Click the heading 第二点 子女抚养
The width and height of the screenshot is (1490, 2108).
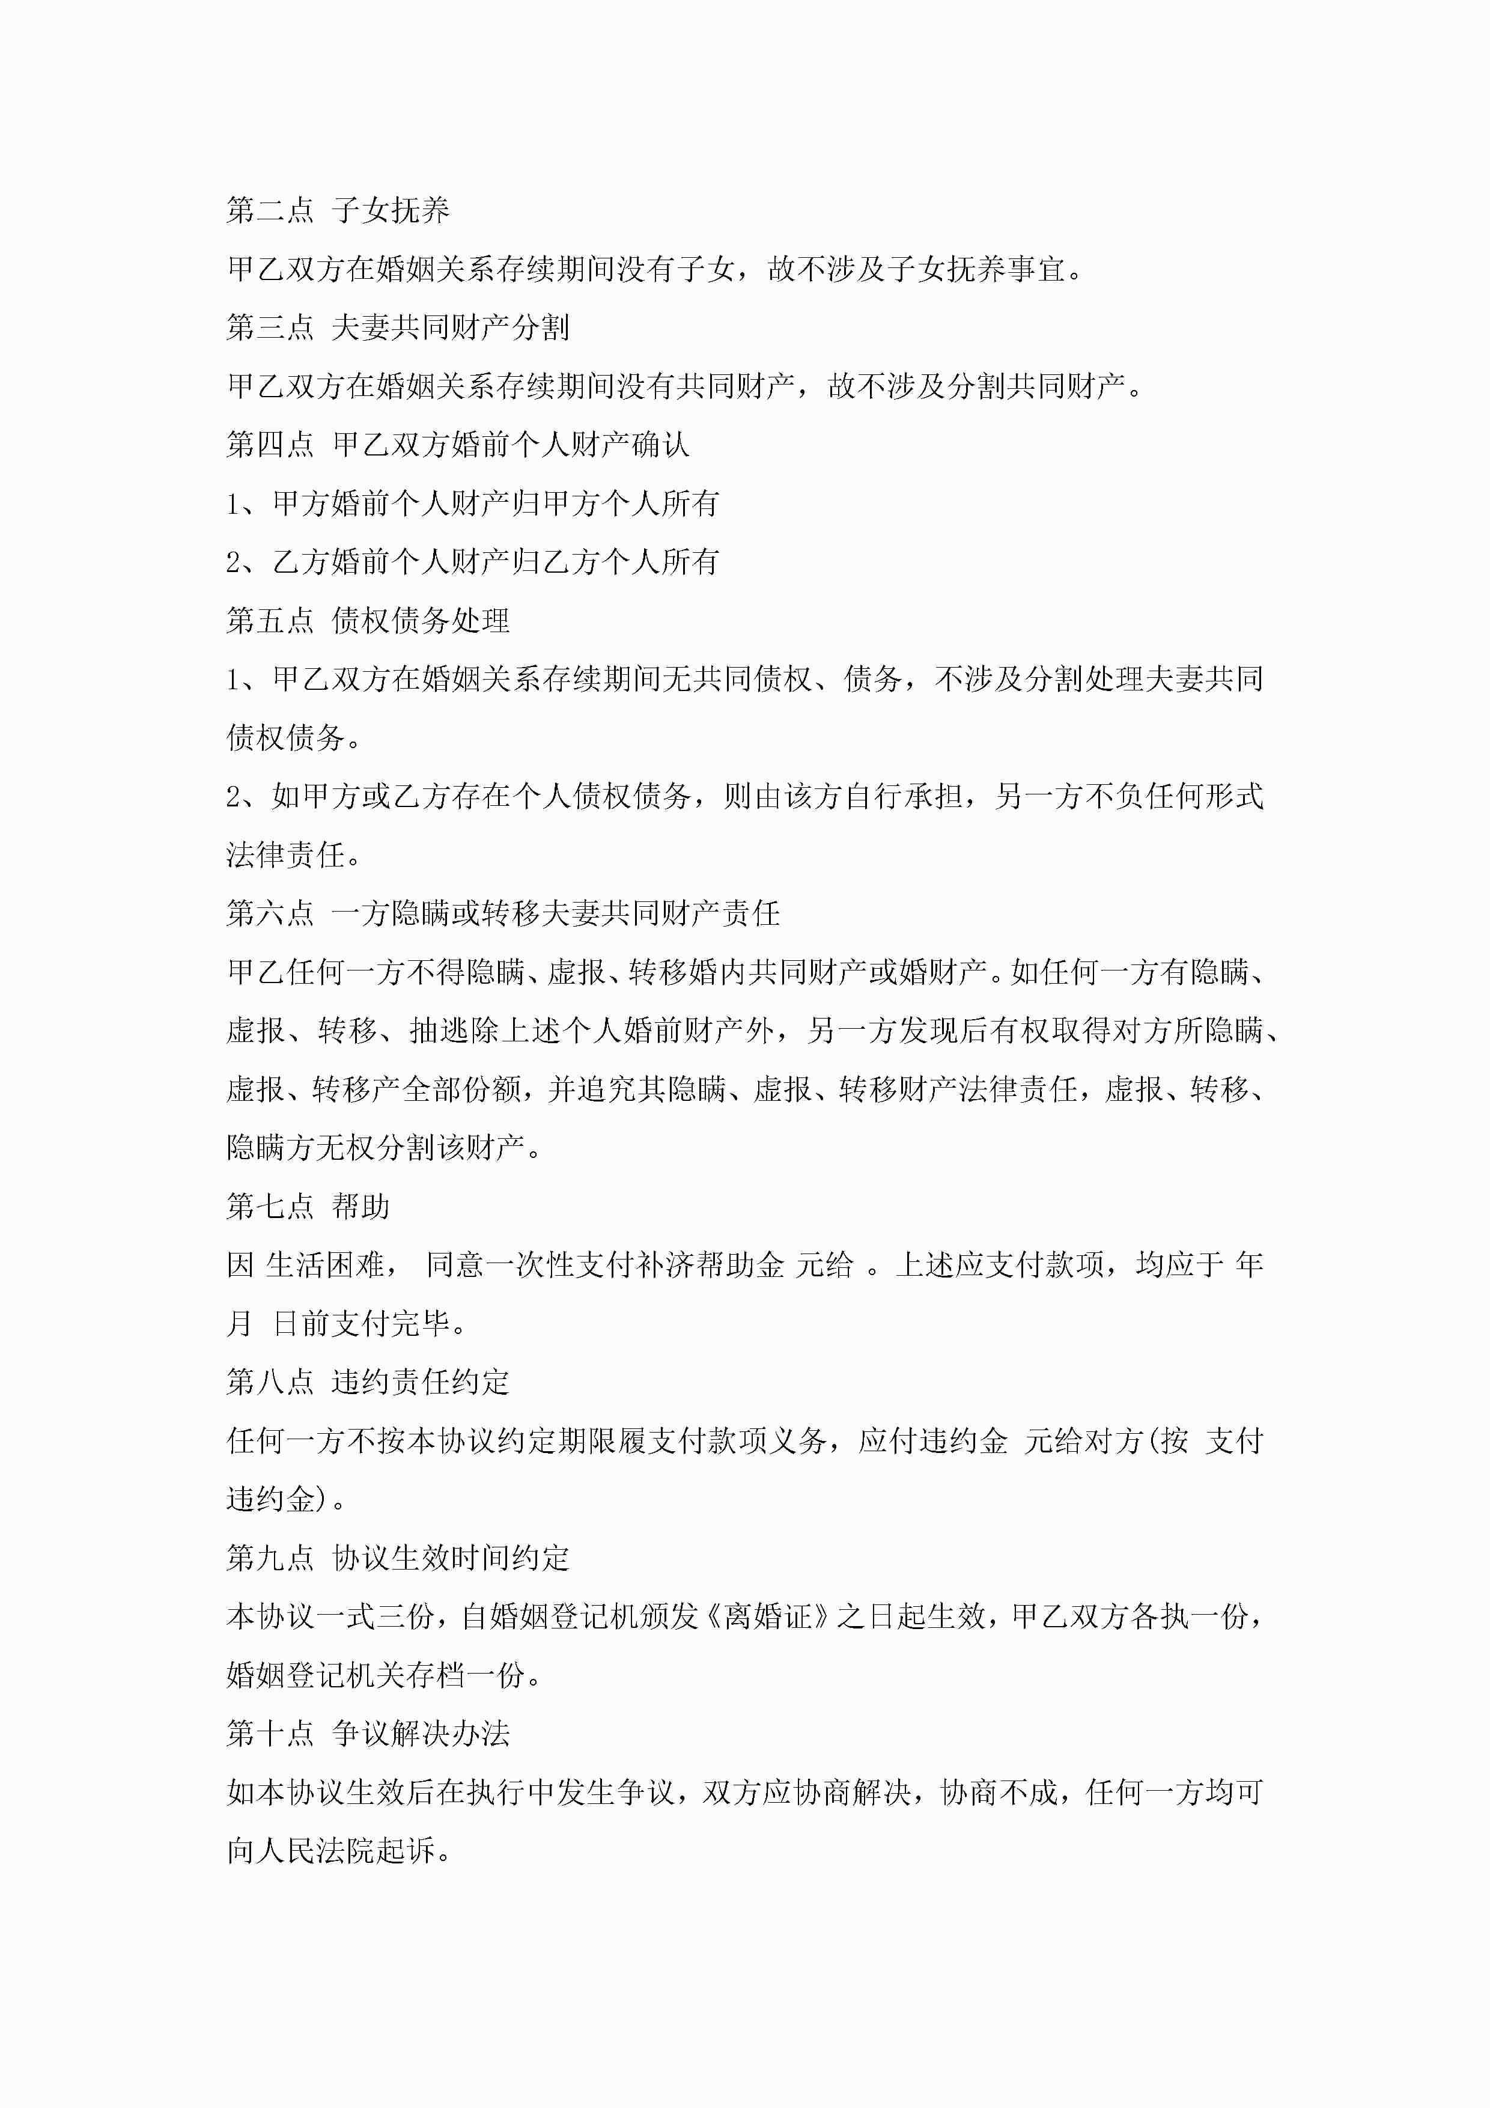pyautogui.click(x=338, y=210)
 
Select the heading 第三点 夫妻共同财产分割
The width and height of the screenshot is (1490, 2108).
pyautogui.click(x=398, y=327)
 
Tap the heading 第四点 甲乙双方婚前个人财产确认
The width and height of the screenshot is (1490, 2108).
pyautogui.click(x=457, y=445)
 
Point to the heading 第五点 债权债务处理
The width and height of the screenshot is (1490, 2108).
pyautogui.click(x=367, y=621)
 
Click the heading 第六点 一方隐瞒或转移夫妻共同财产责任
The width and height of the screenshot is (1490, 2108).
pyautogui.click(x=502, y=913)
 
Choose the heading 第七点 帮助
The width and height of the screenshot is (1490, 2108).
pyautogui.click(x=308, y=1207)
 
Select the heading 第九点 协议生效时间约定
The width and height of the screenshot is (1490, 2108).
pyautogui.click(x=398, y=1558)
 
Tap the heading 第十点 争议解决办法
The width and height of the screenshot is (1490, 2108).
pyautogui.click(x=367, y=1734)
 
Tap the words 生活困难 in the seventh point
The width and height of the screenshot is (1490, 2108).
pyautogui.click(x=325, y=1265)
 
